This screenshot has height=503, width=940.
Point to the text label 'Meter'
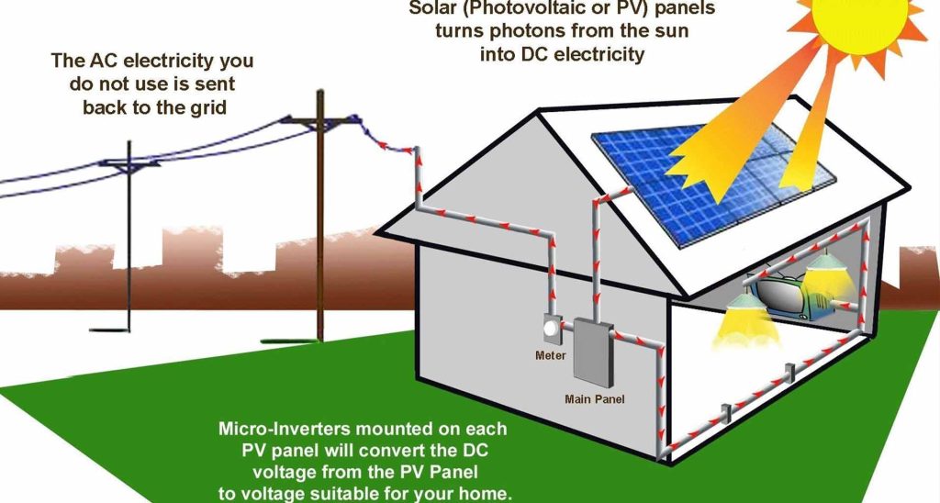[551, 356]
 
